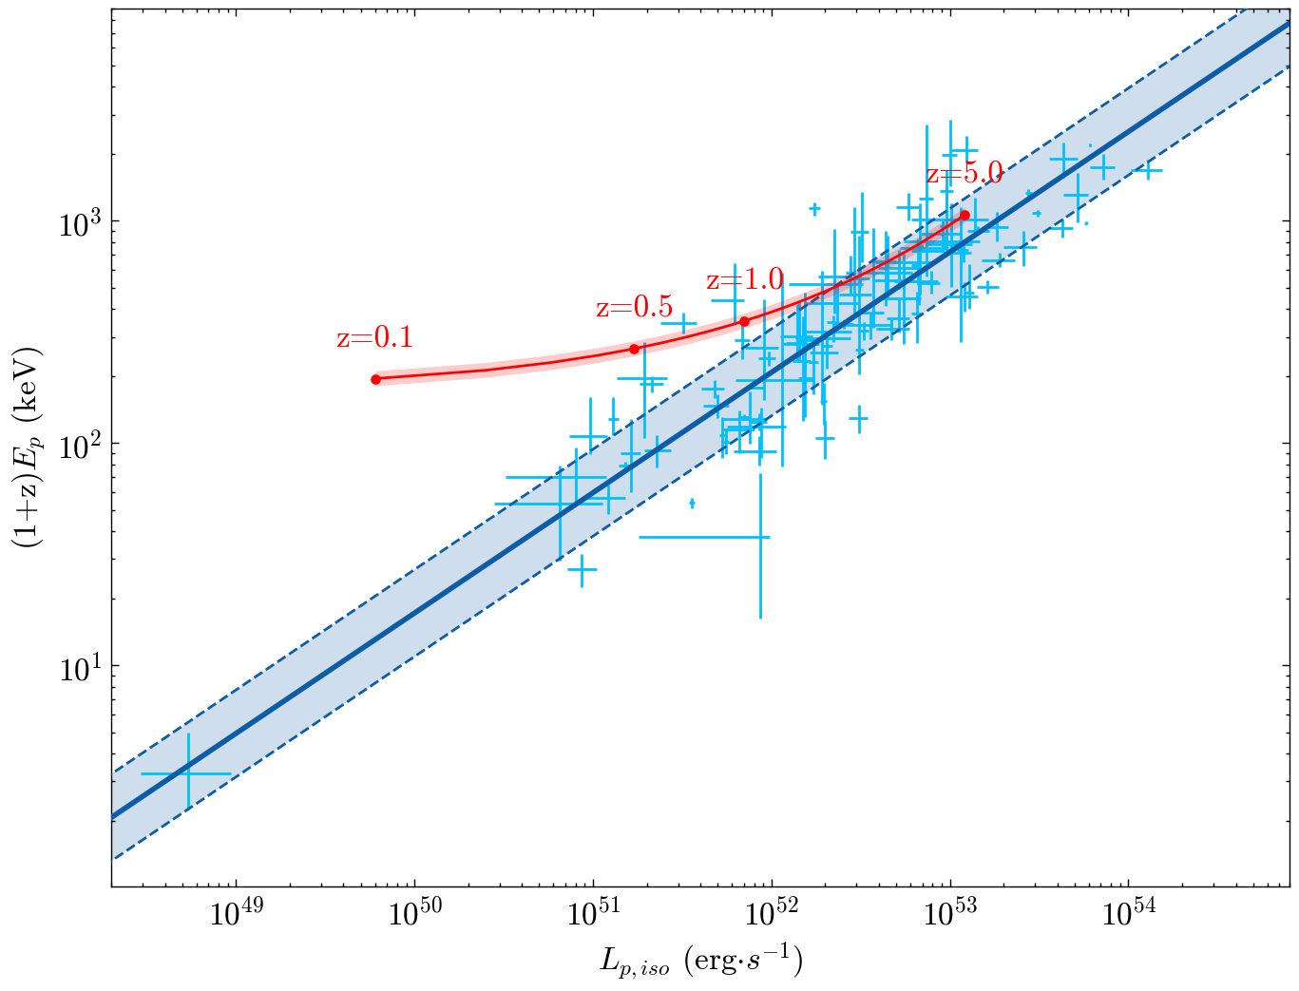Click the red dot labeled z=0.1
pos(375,379)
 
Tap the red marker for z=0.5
pos(635,349)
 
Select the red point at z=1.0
pos(744,321)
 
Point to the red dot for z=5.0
pos(965,215)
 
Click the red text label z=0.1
pos(374,338)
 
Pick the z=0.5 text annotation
pos(634,308)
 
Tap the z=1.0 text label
pos(745,280)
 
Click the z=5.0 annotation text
pos(965,174)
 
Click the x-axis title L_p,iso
pos(701,962)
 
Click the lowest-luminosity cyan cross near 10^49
pos(187,773)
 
